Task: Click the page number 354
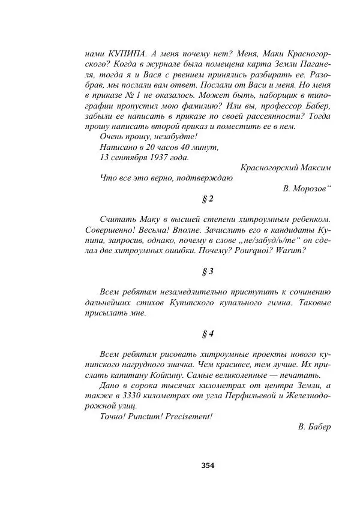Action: click(x=208, y=465)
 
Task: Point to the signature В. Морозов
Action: click(x=305, y=188)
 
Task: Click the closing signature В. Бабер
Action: click(x=314, y=426)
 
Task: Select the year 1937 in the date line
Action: click(x=152, y=158)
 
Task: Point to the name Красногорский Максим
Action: click(x=285, y=168)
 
